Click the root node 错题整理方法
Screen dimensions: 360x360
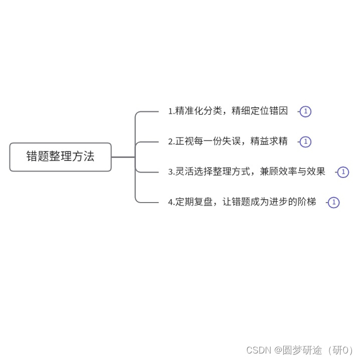point(60,156)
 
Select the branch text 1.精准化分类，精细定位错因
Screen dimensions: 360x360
point(228,111)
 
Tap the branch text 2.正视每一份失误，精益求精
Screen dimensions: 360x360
point(228,141)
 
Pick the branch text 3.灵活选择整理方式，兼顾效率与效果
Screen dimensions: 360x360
point(247,172)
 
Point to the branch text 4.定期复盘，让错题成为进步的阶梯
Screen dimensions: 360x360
point(242,202)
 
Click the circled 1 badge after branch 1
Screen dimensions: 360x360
point(306,112)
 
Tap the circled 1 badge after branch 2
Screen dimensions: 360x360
point(306,142)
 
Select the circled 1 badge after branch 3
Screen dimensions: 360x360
point(343,172)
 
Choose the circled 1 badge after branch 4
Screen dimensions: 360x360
point(333,203)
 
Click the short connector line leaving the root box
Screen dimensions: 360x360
point(123,157)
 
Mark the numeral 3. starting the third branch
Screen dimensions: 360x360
point(171,172)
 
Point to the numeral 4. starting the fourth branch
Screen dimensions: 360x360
point(171,203)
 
